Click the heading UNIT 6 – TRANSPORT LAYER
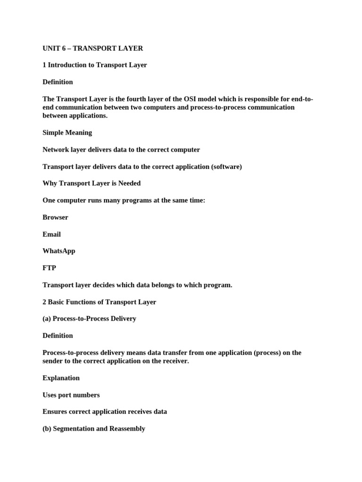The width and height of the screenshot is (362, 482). tap(93, 48)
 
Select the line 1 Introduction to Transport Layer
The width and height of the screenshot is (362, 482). tap(95, 65)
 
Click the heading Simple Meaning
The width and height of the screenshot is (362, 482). tap(67, 133)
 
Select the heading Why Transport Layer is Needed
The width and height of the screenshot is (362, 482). tap(91, 184)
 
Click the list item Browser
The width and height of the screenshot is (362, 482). tap(56, 217)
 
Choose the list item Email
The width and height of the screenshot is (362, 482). tap(52, 234)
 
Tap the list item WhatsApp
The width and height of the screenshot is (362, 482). tap(59, 251)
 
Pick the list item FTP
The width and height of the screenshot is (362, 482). tap(49, 268)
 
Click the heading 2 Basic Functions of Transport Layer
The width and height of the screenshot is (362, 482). tap(99, 302)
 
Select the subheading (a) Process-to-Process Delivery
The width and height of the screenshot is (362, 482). tap(90, 319)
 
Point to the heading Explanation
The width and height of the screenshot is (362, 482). tap(61, 378)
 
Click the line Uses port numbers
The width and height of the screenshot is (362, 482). tap(71, 395)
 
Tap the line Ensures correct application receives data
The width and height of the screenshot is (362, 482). tap(105, 412)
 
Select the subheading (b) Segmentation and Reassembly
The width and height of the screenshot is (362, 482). tap(94, 429)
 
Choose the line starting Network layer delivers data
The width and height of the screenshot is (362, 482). tap(121, 150)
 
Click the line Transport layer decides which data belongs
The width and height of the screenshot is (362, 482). tap(137, 285)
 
